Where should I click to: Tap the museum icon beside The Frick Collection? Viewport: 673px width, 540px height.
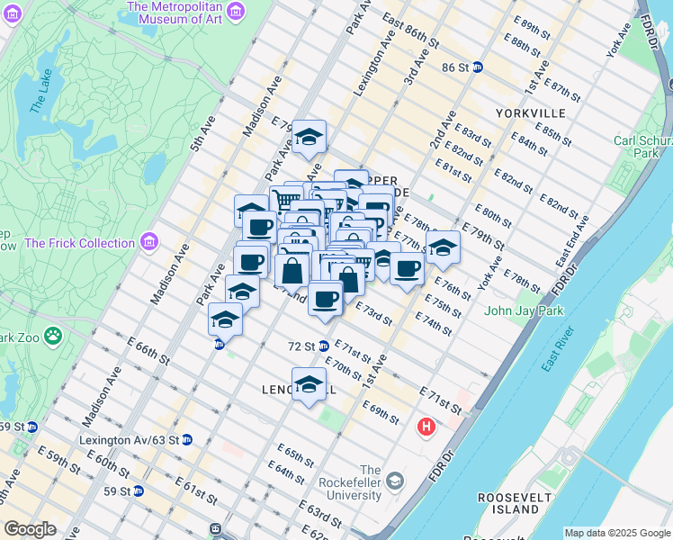tap(148, 242)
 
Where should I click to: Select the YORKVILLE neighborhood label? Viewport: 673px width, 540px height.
tap(530, 113)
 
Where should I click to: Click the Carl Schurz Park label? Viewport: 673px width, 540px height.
tap(642, 147)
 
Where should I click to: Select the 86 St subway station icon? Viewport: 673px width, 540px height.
tap(479, 67)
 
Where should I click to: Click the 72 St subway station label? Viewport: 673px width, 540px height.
tap(301, 346)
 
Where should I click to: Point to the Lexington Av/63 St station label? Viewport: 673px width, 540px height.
tap(136, 440)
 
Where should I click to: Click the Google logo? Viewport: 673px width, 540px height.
tap(29, 529)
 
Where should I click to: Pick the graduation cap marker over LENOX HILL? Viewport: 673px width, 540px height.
tap(309, 384)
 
